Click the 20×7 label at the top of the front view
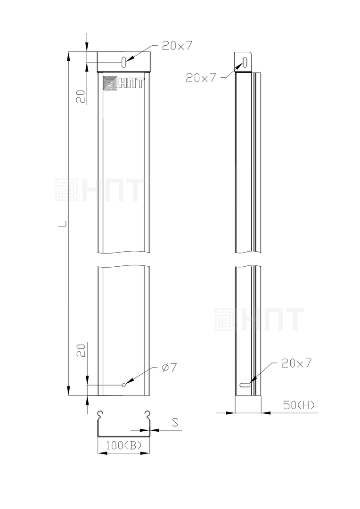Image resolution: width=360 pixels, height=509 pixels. pos(177,46)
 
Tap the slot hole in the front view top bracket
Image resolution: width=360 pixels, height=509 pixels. pos(124,62)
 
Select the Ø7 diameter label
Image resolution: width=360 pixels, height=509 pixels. pos(169,368)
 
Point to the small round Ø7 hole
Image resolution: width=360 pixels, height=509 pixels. pos(123,385)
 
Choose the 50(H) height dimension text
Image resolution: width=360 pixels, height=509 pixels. pos(299,405)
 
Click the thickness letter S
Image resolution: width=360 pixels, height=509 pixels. pos(175,422)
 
